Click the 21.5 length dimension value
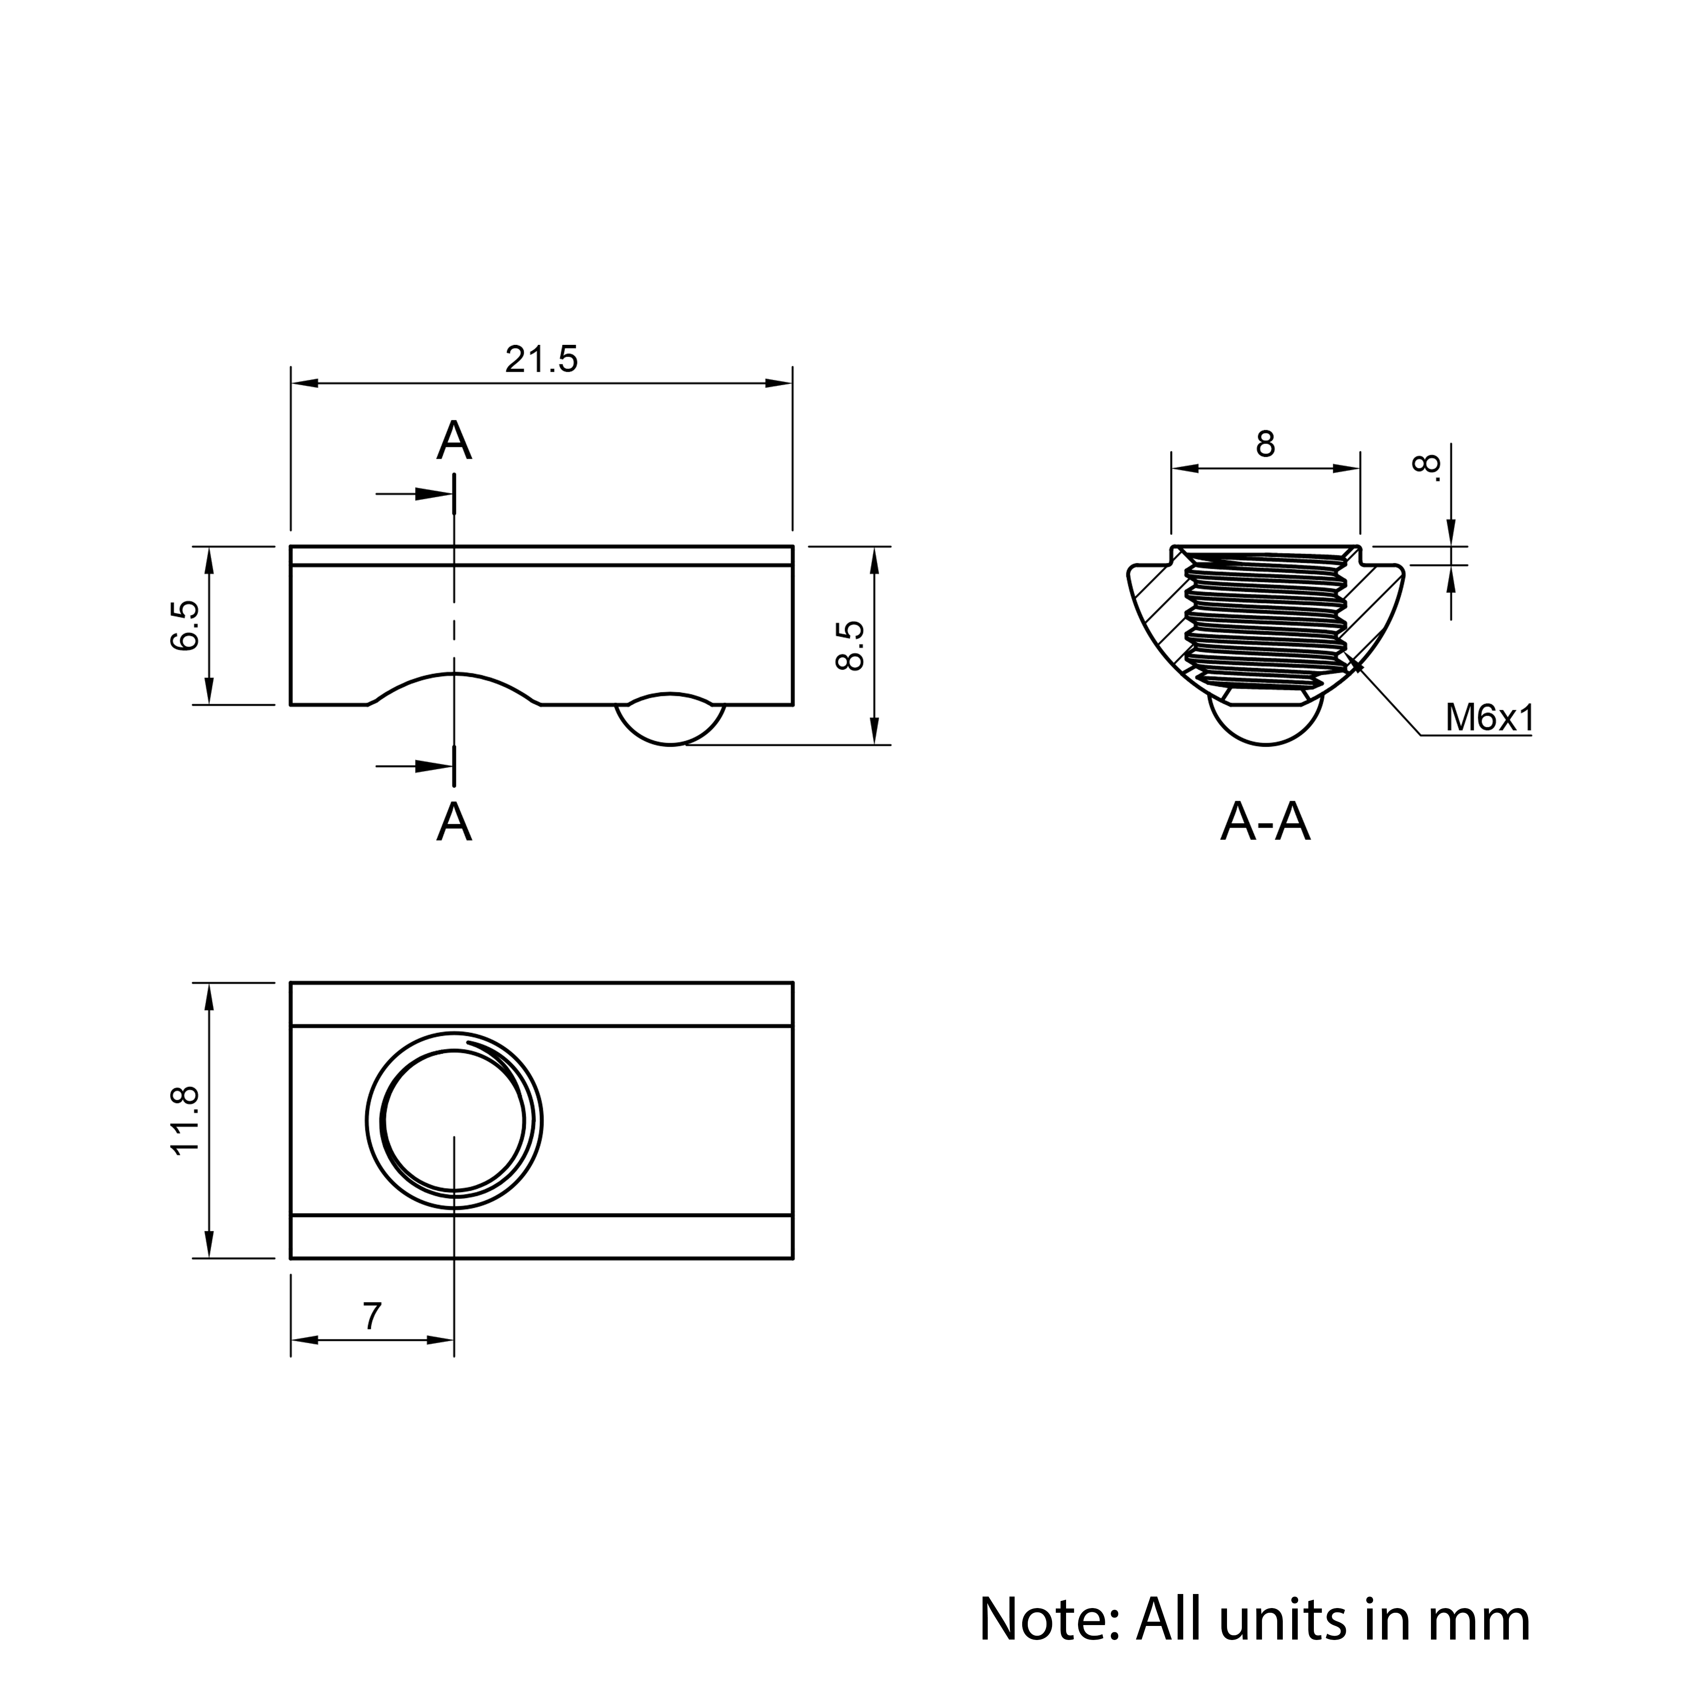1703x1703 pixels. tap(541, 360)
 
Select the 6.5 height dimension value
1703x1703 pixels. tap(185, 626)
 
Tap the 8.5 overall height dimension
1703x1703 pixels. tap(851, 645)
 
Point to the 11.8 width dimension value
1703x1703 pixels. tap(187, 1120)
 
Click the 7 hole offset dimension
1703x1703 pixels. tap(372, 1316)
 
